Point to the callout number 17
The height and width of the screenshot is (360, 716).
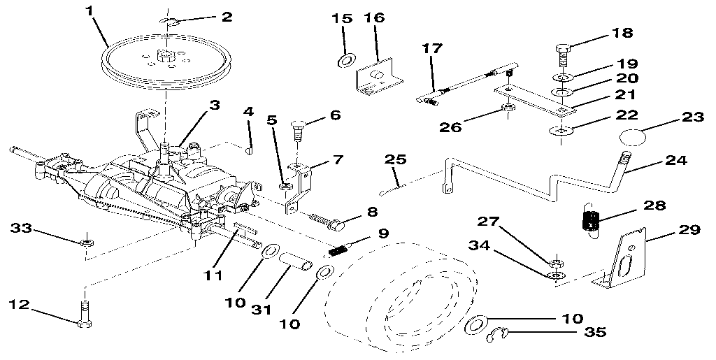tap(433, 50)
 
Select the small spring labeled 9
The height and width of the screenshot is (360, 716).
tap(339, 250)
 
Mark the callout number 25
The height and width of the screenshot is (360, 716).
tap(394, 160)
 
